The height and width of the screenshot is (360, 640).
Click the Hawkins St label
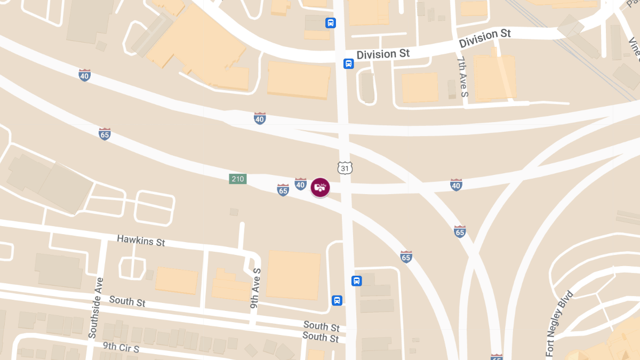pos(141,241)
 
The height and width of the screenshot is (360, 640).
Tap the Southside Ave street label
pos(95,308)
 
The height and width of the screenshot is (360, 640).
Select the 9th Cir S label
pos(121,347)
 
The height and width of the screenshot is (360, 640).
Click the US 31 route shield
pos(345,168)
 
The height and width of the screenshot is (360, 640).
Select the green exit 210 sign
pos(238,179)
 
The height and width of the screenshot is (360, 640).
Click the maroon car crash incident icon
pos(320,187)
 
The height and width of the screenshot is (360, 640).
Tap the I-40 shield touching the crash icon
pos(301,185)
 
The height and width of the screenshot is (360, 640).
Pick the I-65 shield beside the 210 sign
pos(283,189)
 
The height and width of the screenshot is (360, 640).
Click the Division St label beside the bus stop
pos(383,54)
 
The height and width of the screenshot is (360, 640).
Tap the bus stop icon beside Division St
pos(348,64)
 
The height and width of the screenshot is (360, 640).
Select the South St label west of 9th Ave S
pos(127,301)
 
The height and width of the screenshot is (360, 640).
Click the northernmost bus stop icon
pos(331,23)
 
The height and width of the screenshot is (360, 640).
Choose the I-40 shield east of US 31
pos(455,185)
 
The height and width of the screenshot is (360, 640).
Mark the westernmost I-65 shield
pos(105,134)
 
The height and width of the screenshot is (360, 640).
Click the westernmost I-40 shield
pos(84,75)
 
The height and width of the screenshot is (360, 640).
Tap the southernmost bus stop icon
pos(337,300)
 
